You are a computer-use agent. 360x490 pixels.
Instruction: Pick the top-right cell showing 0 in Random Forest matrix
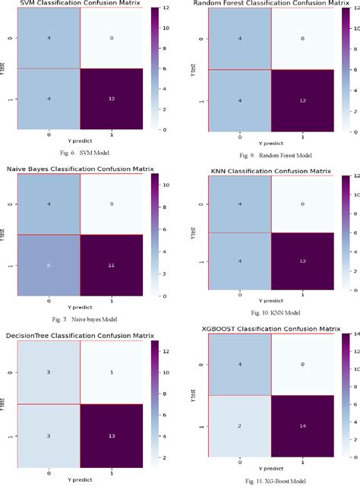tap(302, 39)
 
